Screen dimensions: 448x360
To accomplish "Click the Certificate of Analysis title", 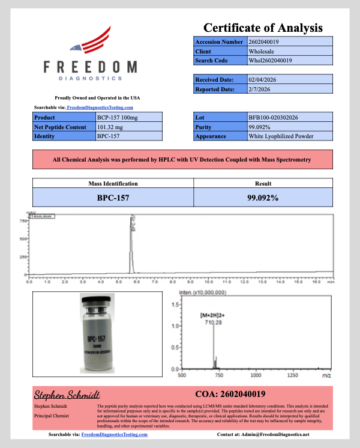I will point(263,28).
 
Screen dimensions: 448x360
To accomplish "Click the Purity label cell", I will point(220,127).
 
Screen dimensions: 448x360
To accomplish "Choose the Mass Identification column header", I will point(113,184).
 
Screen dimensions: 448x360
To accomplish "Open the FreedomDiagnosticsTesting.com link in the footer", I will point(116,434).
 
